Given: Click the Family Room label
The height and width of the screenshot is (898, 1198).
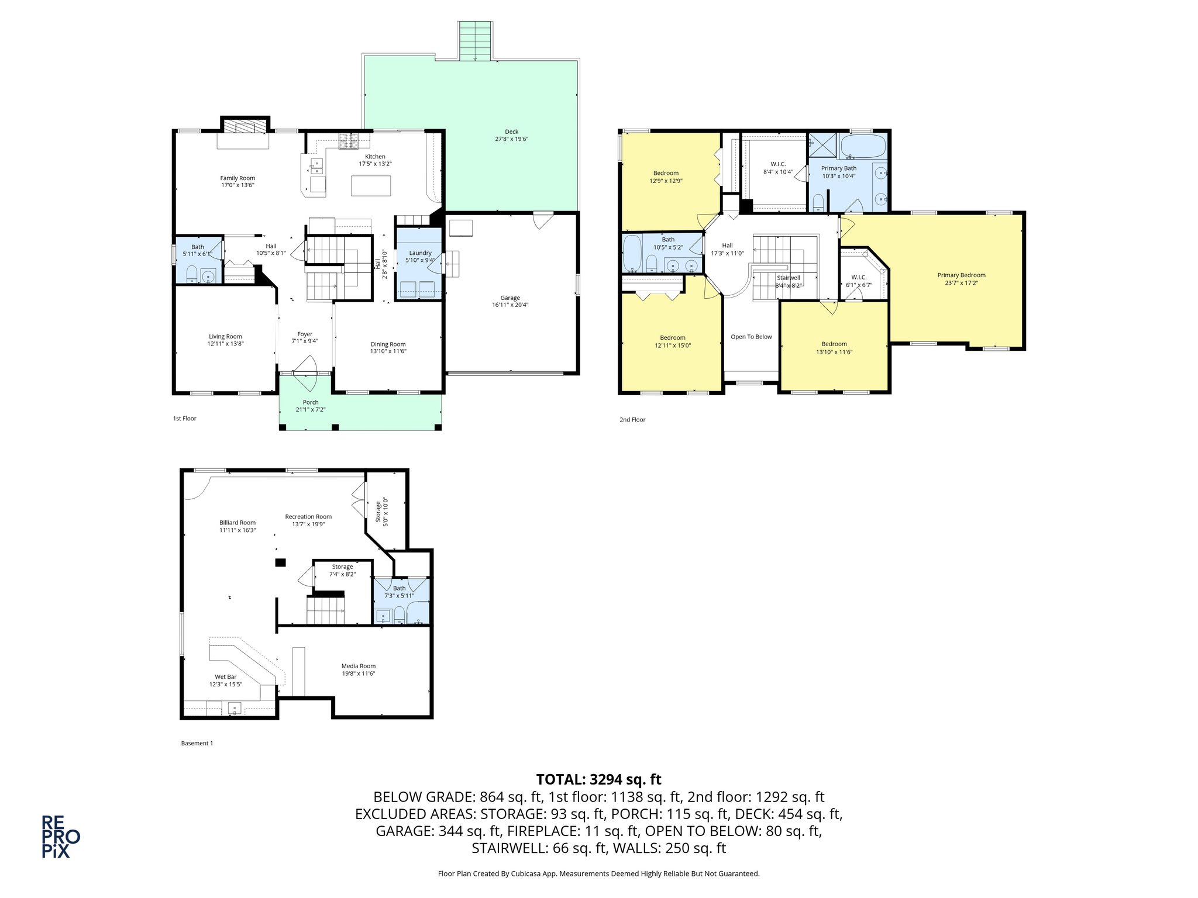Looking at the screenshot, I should (237, 178).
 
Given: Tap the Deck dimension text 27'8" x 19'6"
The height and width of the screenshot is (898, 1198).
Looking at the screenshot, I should (511, 139).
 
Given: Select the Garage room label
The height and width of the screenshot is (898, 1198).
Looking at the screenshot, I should (510, 298).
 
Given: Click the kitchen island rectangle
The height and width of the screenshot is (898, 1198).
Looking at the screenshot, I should (371, 185).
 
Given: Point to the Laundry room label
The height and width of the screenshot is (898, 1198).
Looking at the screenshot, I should (420, 253).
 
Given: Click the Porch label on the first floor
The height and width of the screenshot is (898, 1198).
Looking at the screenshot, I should (311, 402).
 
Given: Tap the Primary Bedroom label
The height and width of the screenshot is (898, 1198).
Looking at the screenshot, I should (961, 275).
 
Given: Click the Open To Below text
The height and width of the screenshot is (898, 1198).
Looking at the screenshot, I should (751, 337).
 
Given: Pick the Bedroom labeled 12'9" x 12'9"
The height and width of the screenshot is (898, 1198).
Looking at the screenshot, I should (666, 173).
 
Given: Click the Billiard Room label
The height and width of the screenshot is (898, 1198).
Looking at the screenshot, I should (237, 523).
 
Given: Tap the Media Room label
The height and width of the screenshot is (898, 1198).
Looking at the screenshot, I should (359, 666).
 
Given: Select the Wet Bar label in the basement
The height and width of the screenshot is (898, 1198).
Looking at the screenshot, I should (226, 676).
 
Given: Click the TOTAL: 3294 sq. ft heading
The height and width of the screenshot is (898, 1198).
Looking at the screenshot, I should (598, 779).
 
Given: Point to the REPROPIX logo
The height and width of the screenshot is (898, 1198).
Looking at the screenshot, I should (60, 837).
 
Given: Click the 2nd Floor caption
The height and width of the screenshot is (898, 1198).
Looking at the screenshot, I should (632, 419).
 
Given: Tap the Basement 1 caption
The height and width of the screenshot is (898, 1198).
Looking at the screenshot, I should (197, 743).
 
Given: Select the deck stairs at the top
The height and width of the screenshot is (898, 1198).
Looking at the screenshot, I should (475, 41).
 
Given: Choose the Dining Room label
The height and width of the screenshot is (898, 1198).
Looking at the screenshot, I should (388, 344).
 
